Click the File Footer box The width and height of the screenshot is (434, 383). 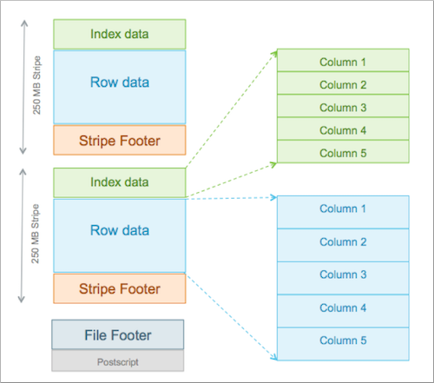click(x=118, y=334)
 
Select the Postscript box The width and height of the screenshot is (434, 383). click(x=118, y=360)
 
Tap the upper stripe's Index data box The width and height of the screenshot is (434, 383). click(x=120, y=34)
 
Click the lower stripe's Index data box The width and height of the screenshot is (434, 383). click(x=120, y=182)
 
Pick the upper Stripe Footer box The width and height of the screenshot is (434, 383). click(x=120, y=140)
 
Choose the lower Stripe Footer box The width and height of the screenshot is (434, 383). click(x=120, y=288)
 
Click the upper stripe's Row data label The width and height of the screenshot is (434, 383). click(x=120, y=83)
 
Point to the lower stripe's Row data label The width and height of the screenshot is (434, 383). click(x=120, y=230)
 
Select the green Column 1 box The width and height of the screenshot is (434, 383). click(x=343, y=60)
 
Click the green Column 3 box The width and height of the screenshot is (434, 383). click(x=343, y=106)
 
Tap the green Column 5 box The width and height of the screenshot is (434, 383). click(x=343, y=152)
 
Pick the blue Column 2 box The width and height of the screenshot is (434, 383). click(x=343, y=245)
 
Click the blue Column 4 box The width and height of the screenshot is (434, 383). click(x=343, y=311)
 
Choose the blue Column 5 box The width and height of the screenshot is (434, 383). click(x=343, y=344)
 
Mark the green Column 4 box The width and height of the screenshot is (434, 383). click(x=343, y=129)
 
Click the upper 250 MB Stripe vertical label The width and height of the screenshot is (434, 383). click(x=36, y=85)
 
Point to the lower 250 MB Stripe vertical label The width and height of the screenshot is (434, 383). click(x=35, y=234)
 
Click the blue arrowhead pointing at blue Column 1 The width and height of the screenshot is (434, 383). click(x=273, y=198)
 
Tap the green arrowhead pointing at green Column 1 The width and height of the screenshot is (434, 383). click(x=274, y=54)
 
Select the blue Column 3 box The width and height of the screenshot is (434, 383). click(x=343, y=278)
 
